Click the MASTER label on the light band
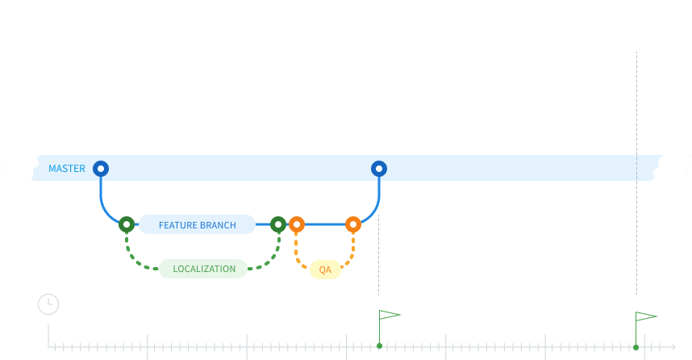(x=67, y=169)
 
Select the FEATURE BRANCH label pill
(x=197, y=225)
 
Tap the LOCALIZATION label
(x=203, y=269)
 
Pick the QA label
(x=325, y=270)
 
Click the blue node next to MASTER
(x=101, y=169)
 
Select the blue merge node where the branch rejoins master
(x=379, y=169)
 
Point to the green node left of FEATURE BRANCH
(x=127, y=224)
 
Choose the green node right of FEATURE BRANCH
(x=278, y=224)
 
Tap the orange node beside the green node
(x=297, y=224)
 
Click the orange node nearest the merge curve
(x=352, y=224)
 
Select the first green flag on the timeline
(x=390, y=315)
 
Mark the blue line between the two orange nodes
(x=324, y=224)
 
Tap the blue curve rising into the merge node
(x=376, y=202)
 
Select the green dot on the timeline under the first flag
(x=379, y=346)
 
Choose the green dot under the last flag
(x=636, y=346)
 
